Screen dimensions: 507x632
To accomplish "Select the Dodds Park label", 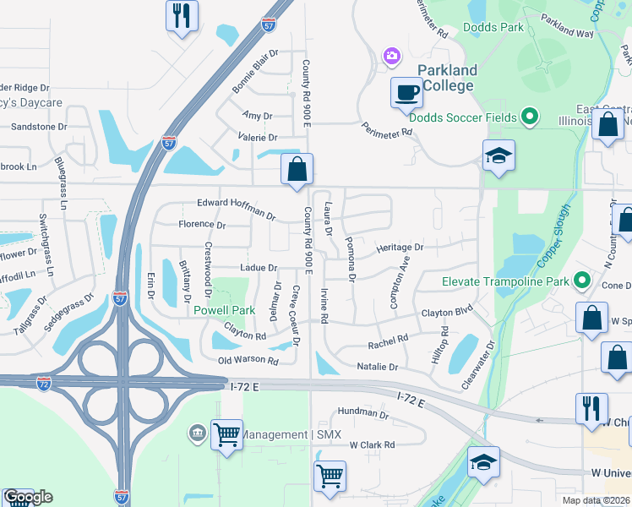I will pos(493,27).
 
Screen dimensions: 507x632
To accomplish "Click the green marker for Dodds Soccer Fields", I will pos(530,117).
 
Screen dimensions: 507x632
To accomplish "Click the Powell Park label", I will pos(224,310).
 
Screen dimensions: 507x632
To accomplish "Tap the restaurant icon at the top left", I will pos(182,16).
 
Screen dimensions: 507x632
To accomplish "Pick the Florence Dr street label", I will pos(202,225).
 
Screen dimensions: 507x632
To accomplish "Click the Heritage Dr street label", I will pos(400,248).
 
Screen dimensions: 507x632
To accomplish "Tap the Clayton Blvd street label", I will pos(448,313).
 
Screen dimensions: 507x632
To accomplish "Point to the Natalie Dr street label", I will pos(377,368).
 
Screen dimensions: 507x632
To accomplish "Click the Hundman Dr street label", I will pos(362,413).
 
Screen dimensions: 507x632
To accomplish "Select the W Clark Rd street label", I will pos(372,444).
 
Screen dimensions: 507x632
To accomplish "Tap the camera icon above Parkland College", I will pos(391,56).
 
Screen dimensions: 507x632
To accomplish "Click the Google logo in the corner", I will pos(27,497).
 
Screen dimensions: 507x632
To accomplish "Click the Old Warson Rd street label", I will pos(248,361).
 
